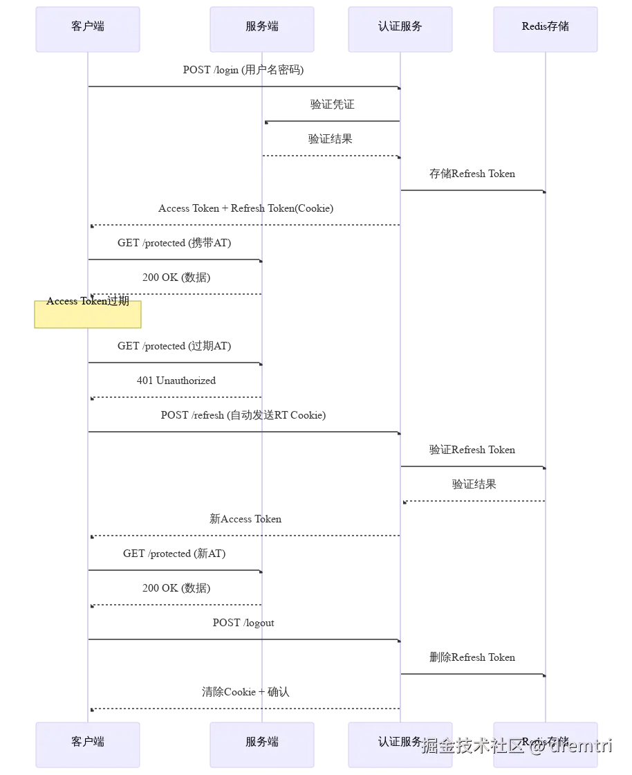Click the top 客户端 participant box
pos(88,30)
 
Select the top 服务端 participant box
pos(261,30)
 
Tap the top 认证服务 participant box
pos(400,30)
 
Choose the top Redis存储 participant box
pos(546,30)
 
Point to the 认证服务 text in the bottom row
pos(400,742)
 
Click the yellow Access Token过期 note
pos(88,315)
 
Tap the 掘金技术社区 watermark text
pos(472,745)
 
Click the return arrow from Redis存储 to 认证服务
pos(474,500)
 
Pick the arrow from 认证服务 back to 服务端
pos(332,119)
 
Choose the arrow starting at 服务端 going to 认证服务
pos(332,158)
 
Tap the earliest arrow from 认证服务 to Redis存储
pos(474,190)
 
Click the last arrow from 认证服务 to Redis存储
pos(474,672)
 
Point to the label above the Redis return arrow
pos(473,484)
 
